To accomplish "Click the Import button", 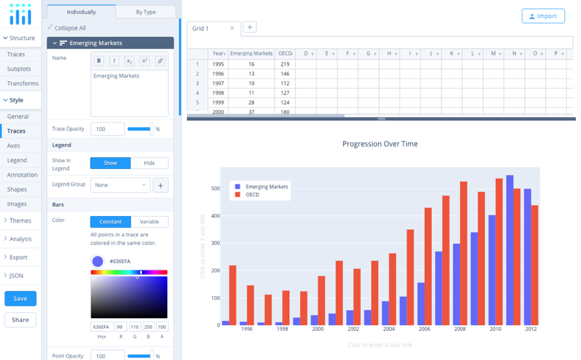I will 543,16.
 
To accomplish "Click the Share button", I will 20,320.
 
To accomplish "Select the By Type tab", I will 145,12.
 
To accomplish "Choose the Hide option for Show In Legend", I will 149,163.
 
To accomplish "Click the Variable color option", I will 149,222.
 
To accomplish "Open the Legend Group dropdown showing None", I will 120,185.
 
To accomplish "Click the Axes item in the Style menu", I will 14,146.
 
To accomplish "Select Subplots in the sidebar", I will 19,69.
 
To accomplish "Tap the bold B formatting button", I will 99,61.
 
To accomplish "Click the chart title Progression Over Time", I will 380,144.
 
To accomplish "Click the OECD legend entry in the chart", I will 252,195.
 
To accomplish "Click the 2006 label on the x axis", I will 423,329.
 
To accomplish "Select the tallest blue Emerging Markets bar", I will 510,250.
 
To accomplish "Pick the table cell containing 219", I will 285,65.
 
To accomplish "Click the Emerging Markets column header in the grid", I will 251,54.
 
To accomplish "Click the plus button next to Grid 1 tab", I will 250,27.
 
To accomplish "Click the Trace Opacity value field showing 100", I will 107,129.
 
